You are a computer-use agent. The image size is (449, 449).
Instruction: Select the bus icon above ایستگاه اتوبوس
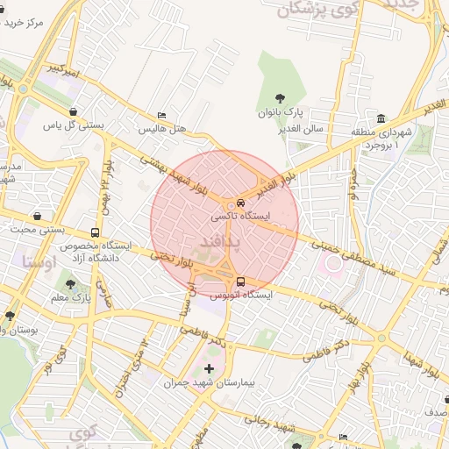(x=241, y=282)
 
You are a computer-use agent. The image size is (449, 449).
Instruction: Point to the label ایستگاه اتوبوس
(x=241, y=296)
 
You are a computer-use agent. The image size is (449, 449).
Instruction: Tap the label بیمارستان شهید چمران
(x=208, y=382)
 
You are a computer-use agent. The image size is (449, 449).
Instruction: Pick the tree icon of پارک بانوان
(x=280, y=98)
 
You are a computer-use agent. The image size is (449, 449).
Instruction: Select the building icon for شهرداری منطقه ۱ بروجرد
(x=381, y=118)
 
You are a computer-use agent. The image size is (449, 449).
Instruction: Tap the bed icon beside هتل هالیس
(x=160, y=115)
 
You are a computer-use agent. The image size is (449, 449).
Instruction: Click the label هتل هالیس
(x=166, y=128)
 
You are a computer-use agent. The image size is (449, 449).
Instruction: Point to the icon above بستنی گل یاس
(x=73, y=111)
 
